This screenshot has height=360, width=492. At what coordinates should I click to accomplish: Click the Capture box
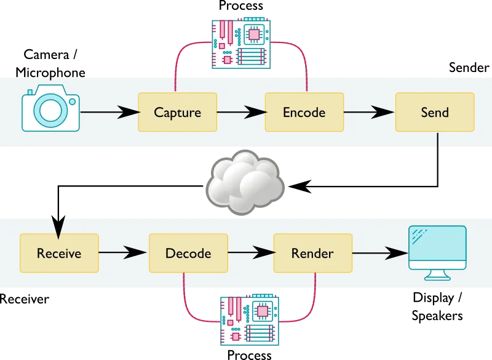click(x=177, y=112)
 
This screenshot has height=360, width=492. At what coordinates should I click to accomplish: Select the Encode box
click(x=304, y=112)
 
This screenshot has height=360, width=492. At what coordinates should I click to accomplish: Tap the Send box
click(x=434, y=112)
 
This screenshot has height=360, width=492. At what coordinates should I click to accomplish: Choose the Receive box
click(x=59, y=253)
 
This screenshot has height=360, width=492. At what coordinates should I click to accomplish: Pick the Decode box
click(x=188, y=253)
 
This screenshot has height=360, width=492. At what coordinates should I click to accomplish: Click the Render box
click(x=312, y=253)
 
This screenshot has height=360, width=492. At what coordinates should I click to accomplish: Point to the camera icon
click(x=50, y=110)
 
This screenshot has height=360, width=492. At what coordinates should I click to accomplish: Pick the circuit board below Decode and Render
click(x=249, y=318)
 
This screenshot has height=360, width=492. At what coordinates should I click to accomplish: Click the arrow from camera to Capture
click(x=109, y=112)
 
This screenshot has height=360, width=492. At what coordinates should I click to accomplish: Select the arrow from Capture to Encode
click(x=240, y=112)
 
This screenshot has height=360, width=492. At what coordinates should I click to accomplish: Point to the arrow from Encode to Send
click(x=368, y=112)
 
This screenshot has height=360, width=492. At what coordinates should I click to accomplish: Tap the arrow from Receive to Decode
click(x=123, y=252)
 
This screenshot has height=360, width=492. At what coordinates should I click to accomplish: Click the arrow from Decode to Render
click(x=250, y=252)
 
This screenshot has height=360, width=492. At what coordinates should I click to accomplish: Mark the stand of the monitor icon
click(x=437, y=275)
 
